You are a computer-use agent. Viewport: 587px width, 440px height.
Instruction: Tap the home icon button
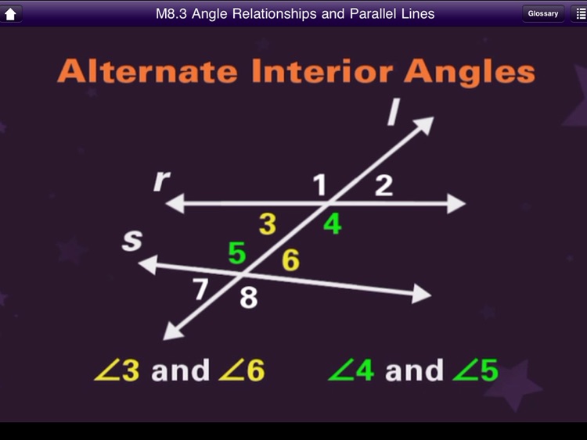click(x=12, y=13)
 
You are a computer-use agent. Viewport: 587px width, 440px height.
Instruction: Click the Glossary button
click(x=542, y=13)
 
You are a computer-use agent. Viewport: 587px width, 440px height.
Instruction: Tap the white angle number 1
click(x=319, y=185)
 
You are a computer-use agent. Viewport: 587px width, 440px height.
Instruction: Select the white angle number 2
click(x=383, y=185)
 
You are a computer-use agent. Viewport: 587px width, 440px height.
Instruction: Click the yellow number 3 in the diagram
click(x=268, y=225)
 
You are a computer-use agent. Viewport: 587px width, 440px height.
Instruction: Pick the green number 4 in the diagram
click(x=333, y=225)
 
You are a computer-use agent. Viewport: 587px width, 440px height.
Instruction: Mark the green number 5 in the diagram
click(x=237, y=254)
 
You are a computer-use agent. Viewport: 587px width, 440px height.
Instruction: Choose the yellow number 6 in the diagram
click(x=290, y=260)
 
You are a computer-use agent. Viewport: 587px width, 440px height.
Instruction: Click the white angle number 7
click(x=201, y=289)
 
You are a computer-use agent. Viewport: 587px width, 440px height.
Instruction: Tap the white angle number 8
click(x=248, y=298)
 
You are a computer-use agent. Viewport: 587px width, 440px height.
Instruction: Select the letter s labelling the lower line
click(x=132, y=241)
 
